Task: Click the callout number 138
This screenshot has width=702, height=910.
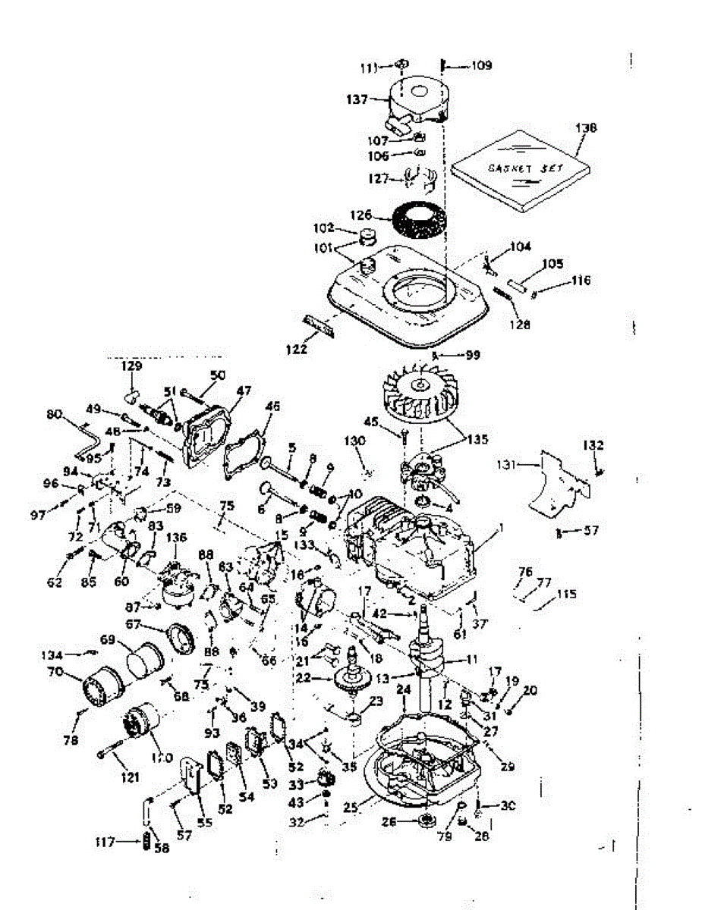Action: (x=587, y=128)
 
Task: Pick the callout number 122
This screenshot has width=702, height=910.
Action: (x=297, y=349)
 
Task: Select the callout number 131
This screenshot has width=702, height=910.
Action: (x=507, y=463)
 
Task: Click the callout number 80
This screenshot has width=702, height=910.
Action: (x=54, y=414)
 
